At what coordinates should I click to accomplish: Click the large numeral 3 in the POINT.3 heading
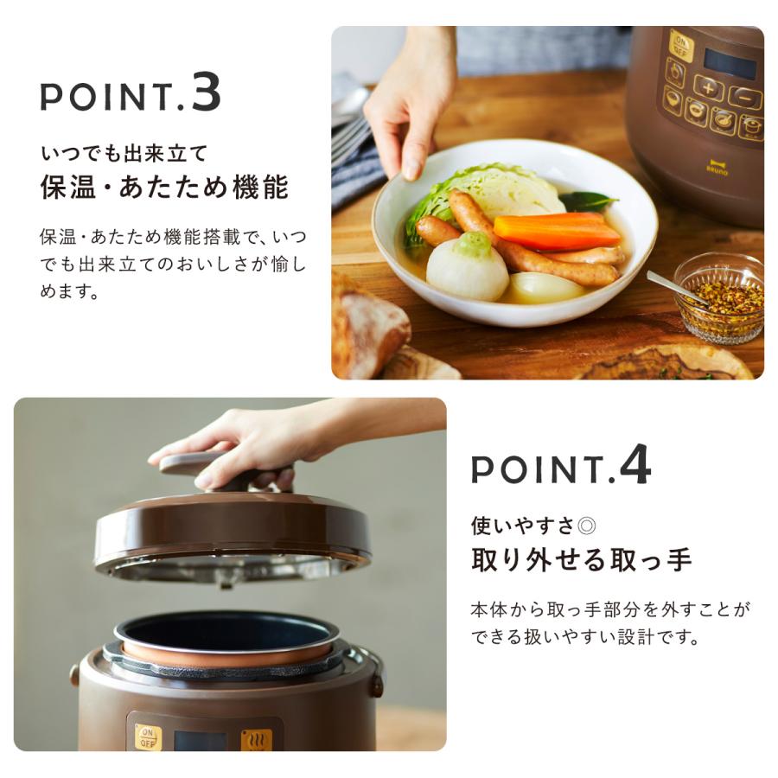point(206,92)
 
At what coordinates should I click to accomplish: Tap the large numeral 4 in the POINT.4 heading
point(635,464)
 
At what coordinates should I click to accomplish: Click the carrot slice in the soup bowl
point(550,230)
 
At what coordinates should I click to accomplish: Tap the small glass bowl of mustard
point(719,297)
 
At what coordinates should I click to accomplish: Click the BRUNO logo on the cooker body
point(717,169)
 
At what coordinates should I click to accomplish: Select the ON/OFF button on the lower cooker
point(148,737)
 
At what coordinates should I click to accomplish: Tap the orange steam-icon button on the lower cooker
point(257,739)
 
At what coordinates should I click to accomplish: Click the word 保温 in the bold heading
point(68,187)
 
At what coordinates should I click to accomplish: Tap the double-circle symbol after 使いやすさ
point(587,526)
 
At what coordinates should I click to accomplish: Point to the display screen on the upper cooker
point(730,62)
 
